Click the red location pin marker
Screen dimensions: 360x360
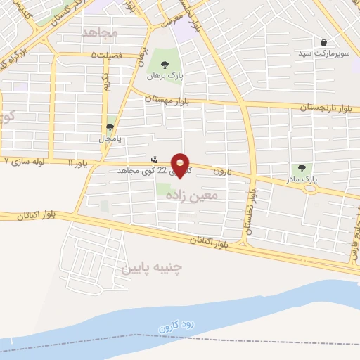coord(181,165)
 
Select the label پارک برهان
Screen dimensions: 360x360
coord(164,75)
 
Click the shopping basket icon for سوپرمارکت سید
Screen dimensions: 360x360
coord(323,42)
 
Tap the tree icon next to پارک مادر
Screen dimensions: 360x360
coord(302,169)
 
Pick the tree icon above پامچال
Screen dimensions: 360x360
coord(110,127)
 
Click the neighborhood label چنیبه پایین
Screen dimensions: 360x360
coord(152,268)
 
